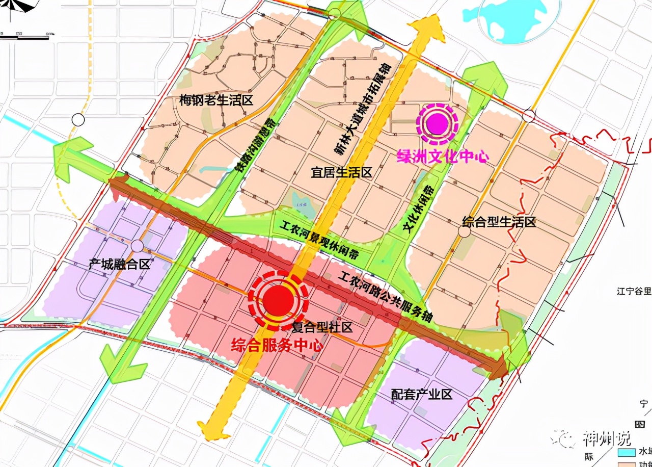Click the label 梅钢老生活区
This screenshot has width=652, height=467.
click(x=216, y=100)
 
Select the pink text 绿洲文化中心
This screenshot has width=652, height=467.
click(x=443, y=156)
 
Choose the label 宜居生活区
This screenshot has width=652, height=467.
click(x=342, y=173)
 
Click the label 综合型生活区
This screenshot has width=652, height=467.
click(x=499, y=222)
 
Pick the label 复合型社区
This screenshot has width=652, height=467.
click(x=322, y=326)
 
